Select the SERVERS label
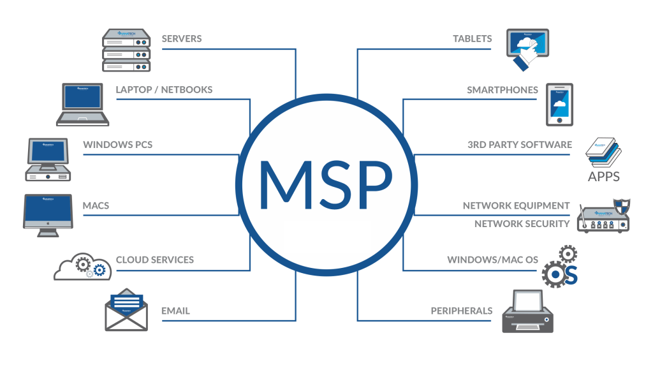(x=182, y=39)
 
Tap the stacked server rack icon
(x=126, y=50)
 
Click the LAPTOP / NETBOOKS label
(x=164, y=90)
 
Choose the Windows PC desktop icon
(x=48, y=159)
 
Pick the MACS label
(x=96, y=206)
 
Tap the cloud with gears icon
(x=84, y=267)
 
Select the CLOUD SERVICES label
(x=155, y=260)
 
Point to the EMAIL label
(x=175, y=311)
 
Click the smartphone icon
(x=559, y=105)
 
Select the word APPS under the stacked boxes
(x=603, y=175)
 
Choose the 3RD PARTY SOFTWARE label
(x=520, y=145)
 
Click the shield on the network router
(x=620, y=207)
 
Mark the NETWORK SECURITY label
(x=522, y=224)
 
